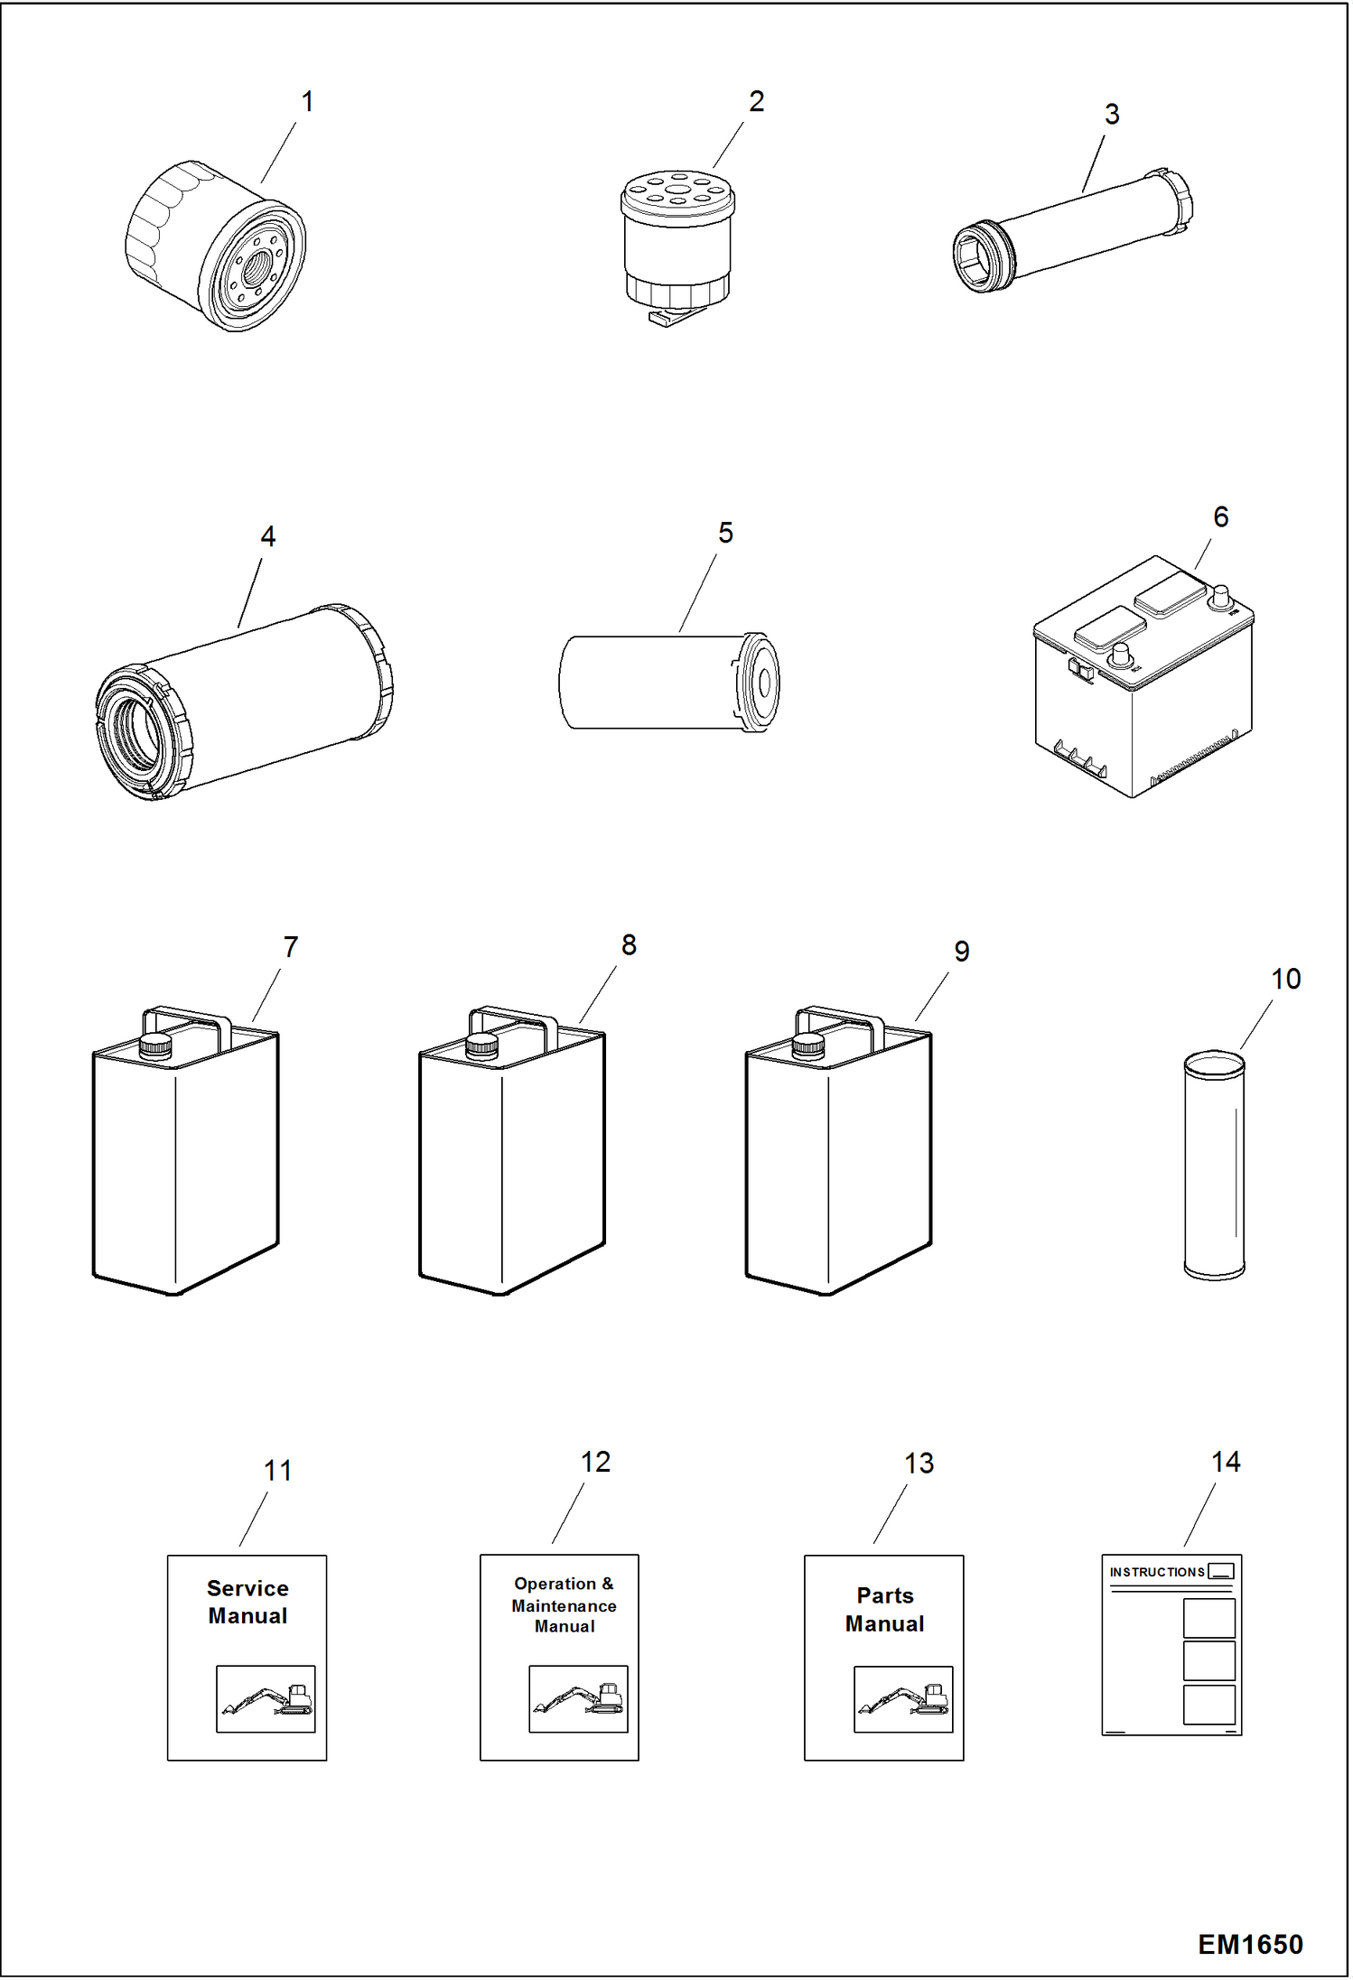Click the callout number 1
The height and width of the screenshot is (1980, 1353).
coord(307,102)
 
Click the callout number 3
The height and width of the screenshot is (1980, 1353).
coord(1112,115)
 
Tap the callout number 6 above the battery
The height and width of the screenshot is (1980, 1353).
coord(1220,517)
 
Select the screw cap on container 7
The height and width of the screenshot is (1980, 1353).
coord(154,1046)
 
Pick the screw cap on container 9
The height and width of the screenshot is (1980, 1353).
coord(807,1046)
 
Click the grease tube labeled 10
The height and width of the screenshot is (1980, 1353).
coord(1213,1165)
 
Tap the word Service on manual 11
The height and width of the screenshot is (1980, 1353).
coord(247,1588)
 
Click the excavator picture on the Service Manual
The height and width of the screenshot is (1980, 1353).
coord(266,1698)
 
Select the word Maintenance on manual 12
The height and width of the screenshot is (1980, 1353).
coord(564,1606)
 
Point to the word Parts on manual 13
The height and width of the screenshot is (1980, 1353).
coord(884,1595)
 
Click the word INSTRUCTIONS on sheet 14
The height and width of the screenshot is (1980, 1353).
coord(1156,1572)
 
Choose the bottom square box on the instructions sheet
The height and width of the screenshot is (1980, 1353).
coord(1208,1705)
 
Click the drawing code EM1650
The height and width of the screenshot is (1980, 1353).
coord(1249,1944)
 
